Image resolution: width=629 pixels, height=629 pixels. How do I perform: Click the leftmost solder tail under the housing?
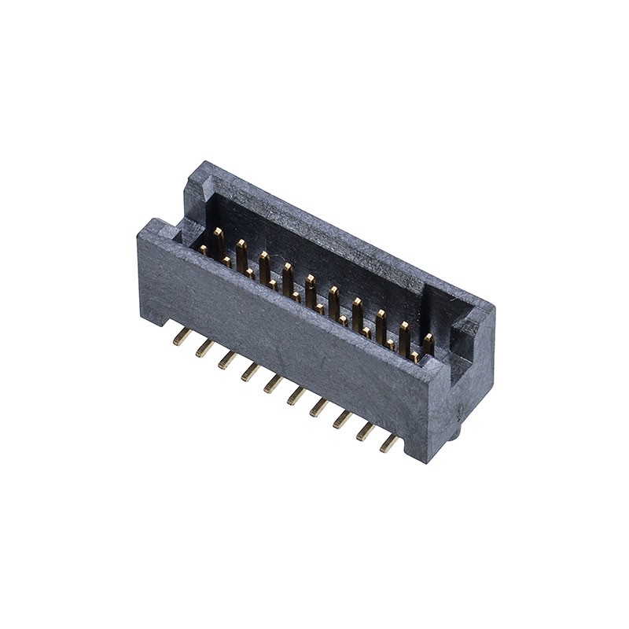(x=182, y=336)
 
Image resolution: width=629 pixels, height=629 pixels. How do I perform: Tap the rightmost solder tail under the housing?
(x=388, y=443)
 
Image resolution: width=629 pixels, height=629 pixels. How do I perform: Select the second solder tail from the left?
(x=204, y=348)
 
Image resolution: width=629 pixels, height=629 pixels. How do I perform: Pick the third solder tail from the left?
(x=227, y=359)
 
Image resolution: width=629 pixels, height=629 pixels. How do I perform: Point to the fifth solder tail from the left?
(x=273, y=383)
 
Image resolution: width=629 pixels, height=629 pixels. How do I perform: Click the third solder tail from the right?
(x=342, y=419)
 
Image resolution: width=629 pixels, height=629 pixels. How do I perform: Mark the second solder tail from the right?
(x=366, y=432)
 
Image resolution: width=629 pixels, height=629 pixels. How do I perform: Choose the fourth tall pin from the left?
(x=288, y=276)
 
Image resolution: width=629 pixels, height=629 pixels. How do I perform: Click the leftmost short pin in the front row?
(x=203, y=250)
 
